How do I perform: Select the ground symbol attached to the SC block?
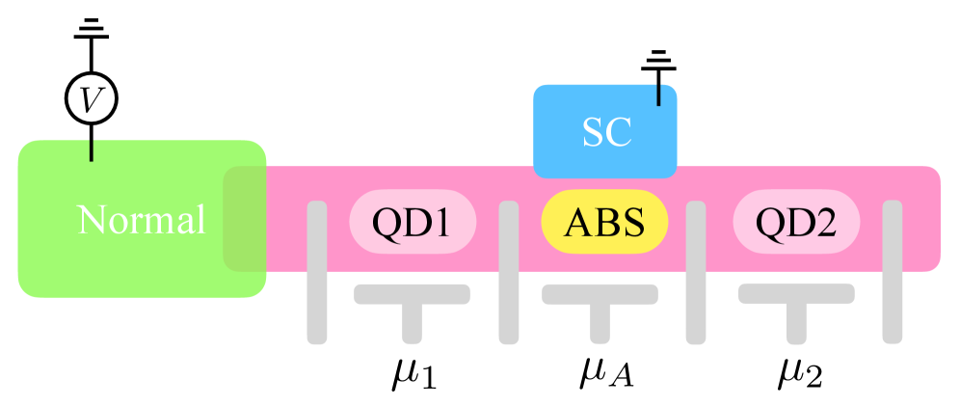click(x=659, y=65)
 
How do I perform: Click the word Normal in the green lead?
click(x=142, y=220)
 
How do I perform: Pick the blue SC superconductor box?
click(x=605, y=131)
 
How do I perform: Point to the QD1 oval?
click(x=413, y=222)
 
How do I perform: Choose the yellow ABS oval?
click(x=604, y=222)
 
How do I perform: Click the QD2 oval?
click(x=796, y=222)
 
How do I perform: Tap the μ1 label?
click(x=413, y=373)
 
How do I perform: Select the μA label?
click(x=605, y=373)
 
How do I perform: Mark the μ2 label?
click(x=800, y=373)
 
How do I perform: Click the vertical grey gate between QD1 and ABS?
click(x=509, y=272)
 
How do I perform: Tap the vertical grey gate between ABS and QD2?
click(x=696, y=272)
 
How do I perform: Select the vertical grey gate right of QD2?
click(x=893, y=272)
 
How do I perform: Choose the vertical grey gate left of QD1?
click(x=317, y=272)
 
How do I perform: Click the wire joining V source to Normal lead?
click(x=91, y=142)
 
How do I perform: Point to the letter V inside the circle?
click(x=91, y=98)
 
